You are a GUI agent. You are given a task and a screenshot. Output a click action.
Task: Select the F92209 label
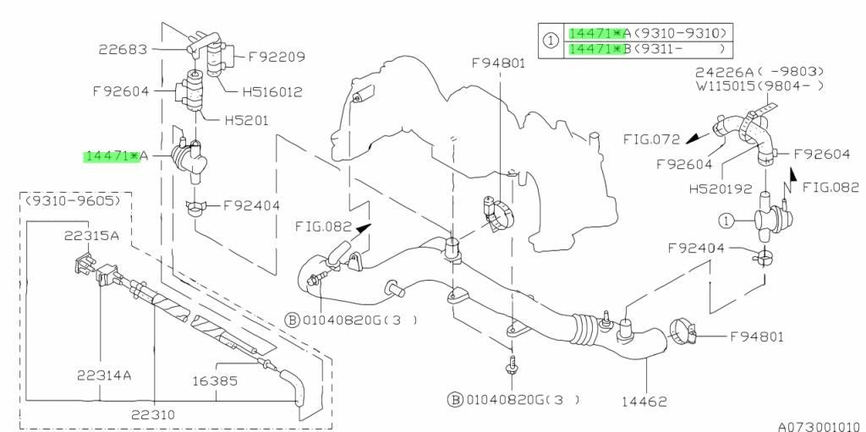[x=277, y=56]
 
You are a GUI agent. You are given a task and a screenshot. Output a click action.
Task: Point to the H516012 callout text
[x=272, y=91]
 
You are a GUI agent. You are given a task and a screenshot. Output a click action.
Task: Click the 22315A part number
[x=91, y=236]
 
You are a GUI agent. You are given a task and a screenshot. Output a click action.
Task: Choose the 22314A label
[x=104, y=375]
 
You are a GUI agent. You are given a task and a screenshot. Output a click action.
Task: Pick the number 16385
[x=215, y=380]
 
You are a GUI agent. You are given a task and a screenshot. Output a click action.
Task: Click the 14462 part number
[x=644, y=402]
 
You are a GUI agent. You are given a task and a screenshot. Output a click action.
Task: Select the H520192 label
[x=721, y=189]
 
